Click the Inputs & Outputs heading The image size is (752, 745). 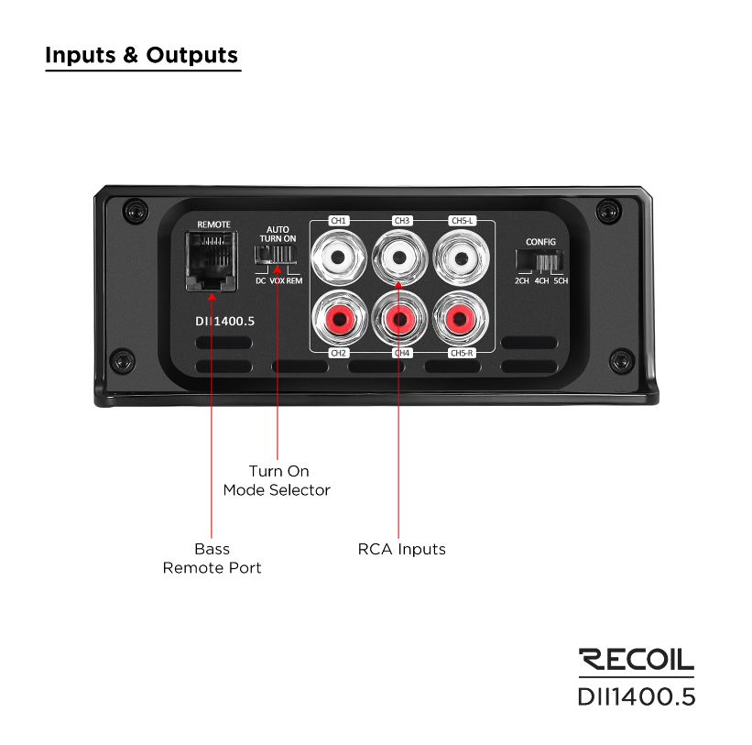(141, 55)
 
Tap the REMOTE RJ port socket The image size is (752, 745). (212, 261)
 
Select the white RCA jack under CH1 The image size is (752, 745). (339, 257)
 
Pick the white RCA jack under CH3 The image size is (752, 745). (399, 257)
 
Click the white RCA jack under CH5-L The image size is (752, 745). (461, 258)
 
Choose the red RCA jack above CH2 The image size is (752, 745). (339, 318)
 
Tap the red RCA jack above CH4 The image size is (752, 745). (399, 318)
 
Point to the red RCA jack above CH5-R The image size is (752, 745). (461, 318)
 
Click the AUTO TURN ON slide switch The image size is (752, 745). (276, 254)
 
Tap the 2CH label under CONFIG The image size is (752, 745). (522, 281)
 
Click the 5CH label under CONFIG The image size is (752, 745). (561, 281)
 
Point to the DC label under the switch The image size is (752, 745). (260, 281)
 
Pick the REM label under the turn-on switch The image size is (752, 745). (294, 281)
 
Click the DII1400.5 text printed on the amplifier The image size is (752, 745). (225, 322)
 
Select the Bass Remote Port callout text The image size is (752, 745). (212, 558)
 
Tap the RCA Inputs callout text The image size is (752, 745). (402, 549)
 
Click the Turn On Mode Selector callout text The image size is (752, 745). (278, 481)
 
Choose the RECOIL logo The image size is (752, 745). (637, 660)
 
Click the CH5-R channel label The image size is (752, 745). (462, 353)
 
